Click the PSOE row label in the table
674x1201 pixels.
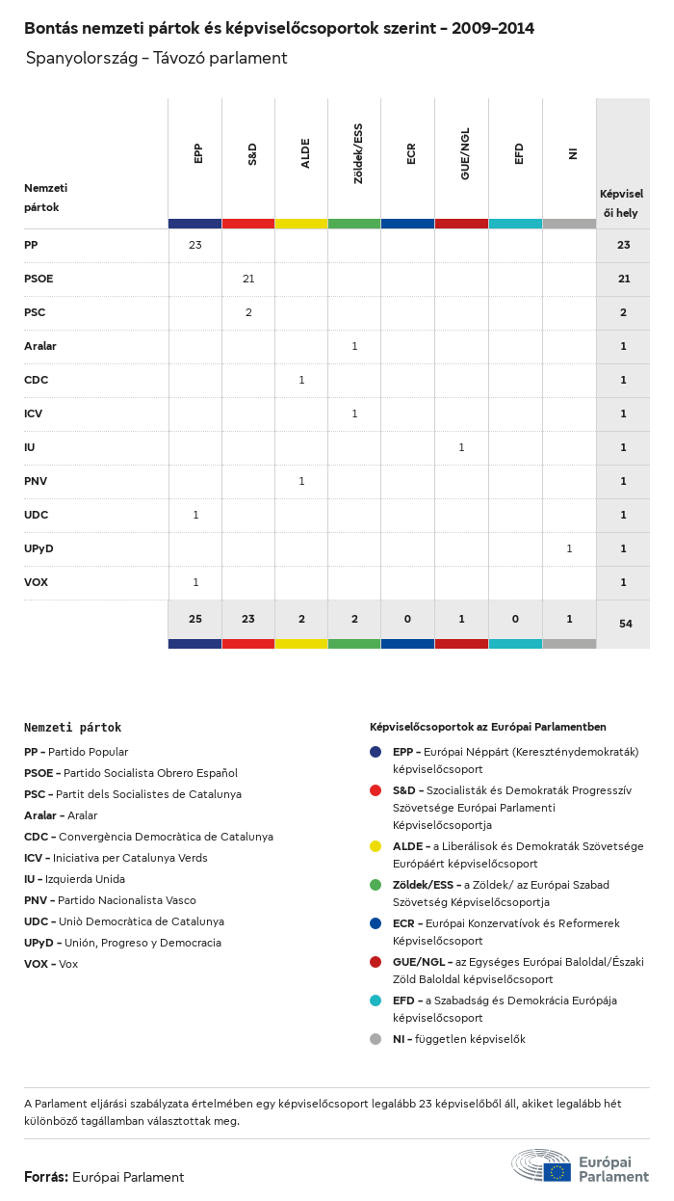(39, 279)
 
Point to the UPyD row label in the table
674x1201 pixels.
(39, 548)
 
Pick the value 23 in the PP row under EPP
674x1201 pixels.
(195, 245)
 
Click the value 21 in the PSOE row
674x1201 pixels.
(248, 279)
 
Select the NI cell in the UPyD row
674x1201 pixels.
(569, 548)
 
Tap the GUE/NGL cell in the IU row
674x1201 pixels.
(461, 447)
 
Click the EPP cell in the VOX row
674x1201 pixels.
(195, 582)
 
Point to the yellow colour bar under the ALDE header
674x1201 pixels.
(301, 224)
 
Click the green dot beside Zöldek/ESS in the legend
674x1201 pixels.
(376, 885)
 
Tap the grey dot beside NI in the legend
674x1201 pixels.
(376, 1039)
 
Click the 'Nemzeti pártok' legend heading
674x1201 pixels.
(73, 728)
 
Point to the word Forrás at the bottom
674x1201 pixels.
(45, 1177)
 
